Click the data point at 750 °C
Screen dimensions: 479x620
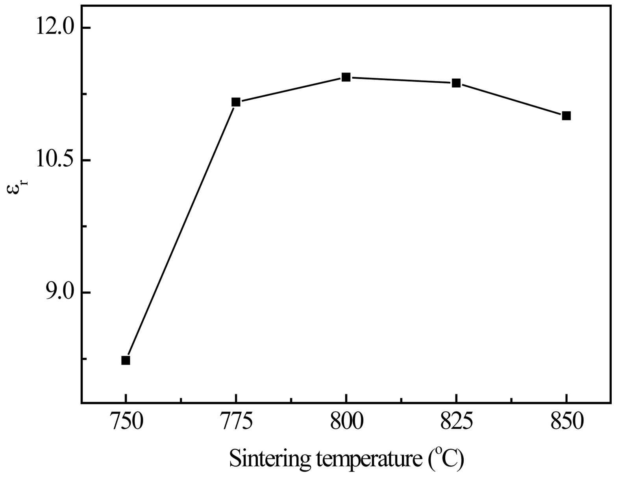coord(126,360)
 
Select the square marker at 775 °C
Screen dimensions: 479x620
coord(236,102)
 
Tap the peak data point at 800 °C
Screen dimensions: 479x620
coord(346,77)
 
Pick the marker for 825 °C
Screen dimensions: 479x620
coord(456,83)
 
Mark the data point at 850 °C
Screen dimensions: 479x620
coord(566,116)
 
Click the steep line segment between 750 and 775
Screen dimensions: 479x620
coord(181,231)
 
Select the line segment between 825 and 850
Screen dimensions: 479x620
coord(511,99)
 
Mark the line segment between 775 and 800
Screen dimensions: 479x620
coord(291,90)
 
